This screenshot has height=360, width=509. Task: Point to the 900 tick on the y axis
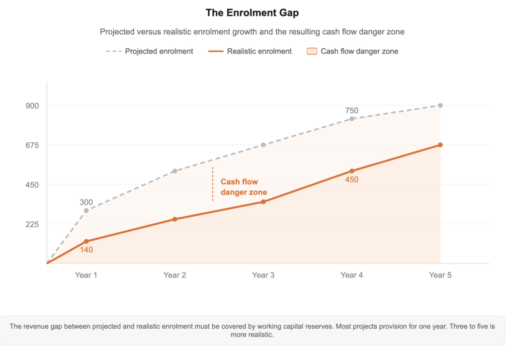[x=32, y=105]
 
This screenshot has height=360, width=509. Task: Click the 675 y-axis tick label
[x=32, y=145]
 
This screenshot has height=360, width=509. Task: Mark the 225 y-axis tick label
[x=32, y=224]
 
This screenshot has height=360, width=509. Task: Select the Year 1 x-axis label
[x=86, y=275]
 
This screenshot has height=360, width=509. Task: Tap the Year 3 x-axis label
[x=263, y=275]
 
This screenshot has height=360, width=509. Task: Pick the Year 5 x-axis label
[x=440, y=275]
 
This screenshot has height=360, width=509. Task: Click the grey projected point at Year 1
[x=86, y=211]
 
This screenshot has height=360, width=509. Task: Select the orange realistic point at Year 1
[x=86, y=242]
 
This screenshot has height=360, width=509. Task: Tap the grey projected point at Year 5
[x=440, y=105]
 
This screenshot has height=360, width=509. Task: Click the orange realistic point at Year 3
[x=263, y=202]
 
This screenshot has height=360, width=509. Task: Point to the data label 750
[x=351, y=111]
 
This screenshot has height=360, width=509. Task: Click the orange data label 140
[x=86, y=250]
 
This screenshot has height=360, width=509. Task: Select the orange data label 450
[x=351, y=180]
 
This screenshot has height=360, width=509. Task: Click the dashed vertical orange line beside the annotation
[x=213, y=184]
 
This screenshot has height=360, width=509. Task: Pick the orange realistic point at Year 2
[x=175, y=219]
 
